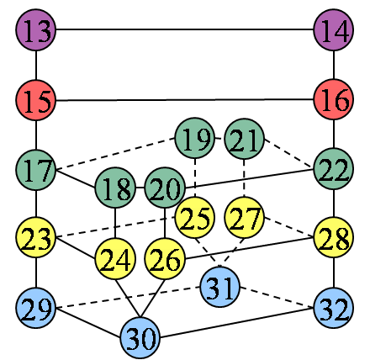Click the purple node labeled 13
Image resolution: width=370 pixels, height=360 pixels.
tap(36, 29)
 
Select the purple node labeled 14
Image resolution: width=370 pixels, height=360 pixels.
tap(334, 29)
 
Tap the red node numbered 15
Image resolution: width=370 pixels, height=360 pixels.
tap(36, 100)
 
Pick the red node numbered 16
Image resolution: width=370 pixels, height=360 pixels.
tap(334, 99)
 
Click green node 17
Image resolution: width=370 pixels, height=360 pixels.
tap(36, 170)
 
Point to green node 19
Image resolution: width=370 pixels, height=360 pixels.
tap(195, 138)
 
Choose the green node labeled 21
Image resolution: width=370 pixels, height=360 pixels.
tap(245, 139)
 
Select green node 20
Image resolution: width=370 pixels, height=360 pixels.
tap(165, 188)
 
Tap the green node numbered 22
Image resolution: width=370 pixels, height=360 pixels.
tap(334, 169)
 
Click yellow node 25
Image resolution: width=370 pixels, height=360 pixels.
tap(195, 218)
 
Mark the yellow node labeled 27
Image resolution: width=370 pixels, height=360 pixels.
tap(245, 218)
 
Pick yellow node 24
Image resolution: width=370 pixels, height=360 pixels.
tap(115, 259)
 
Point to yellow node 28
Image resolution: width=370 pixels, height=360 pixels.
tap(334, 237)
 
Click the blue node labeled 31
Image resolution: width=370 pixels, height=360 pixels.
tap(220, 287)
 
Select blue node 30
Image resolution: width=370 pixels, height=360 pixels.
tap(140, 338)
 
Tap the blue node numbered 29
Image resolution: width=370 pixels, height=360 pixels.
tap(36, 308)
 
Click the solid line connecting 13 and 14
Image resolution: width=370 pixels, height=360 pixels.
tap(185, 29)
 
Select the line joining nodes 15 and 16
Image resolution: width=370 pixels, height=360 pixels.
tap(185, 100)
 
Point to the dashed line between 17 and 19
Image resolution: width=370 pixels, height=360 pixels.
tap(115, 154)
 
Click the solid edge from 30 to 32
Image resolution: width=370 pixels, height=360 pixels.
tap(237, 322)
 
